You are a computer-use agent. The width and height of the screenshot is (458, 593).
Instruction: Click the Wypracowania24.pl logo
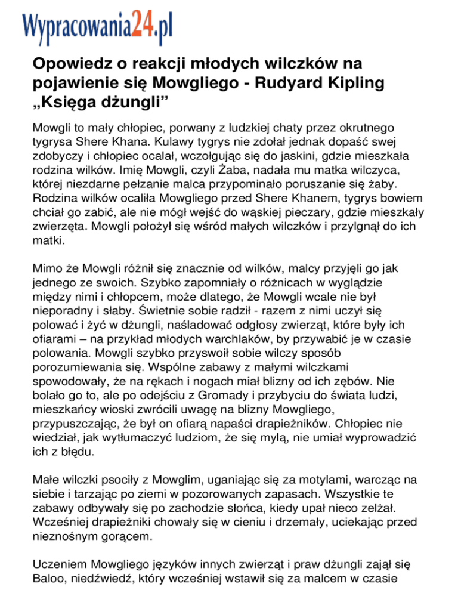tap(98, 25)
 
